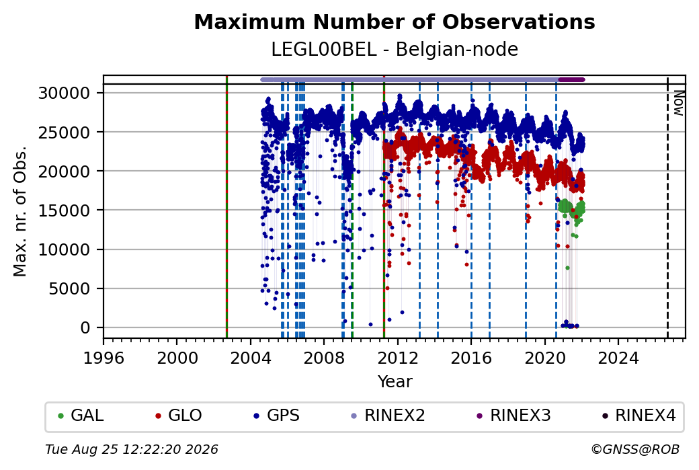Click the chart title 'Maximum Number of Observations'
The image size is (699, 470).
coord(395,22)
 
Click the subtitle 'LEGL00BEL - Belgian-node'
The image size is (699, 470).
coord(395,50)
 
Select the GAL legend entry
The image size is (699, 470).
coord(81,416)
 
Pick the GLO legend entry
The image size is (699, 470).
coord(178,416)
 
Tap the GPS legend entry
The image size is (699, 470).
coord(276,416)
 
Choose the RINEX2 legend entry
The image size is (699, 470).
coord(388,416)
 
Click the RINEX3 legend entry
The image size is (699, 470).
coord(513,416)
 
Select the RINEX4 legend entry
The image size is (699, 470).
coord(639,416)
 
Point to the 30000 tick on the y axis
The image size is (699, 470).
coord(65,93)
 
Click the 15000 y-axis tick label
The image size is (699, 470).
coord(65,210)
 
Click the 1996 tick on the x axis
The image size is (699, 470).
coord(104,358)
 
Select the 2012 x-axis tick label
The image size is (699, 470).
coord(398,358)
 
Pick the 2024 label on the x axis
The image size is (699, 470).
coord(618,358)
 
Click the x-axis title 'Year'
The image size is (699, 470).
coord(395,382)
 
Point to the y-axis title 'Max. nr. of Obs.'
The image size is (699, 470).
coord(20,211)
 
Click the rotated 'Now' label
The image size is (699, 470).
coord(678,103)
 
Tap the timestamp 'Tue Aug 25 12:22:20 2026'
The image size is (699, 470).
coord(132,449)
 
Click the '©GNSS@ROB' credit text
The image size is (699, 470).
coord(635,449)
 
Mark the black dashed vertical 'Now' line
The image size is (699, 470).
coord(667,207)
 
